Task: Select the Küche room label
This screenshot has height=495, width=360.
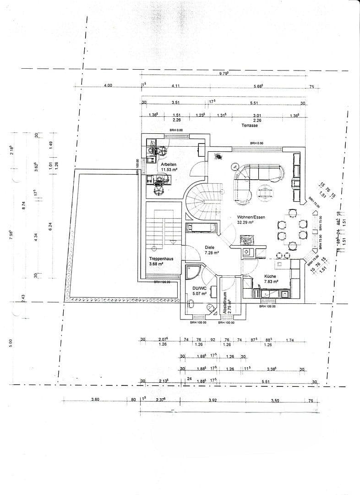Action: click(270, 276)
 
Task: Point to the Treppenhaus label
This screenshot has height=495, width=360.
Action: click(161, 258)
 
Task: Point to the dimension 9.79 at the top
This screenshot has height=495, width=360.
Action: click(224, 74)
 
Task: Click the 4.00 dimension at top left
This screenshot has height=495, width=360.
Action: click(108, 86)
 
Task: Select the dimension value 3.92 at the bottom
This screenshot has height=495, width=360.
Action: click(213, 400)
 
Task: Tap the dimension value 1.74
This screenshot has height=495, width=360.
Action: click(290, 340)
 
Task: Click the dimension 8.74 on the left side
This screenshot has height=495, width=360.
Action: click(24, 207)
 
